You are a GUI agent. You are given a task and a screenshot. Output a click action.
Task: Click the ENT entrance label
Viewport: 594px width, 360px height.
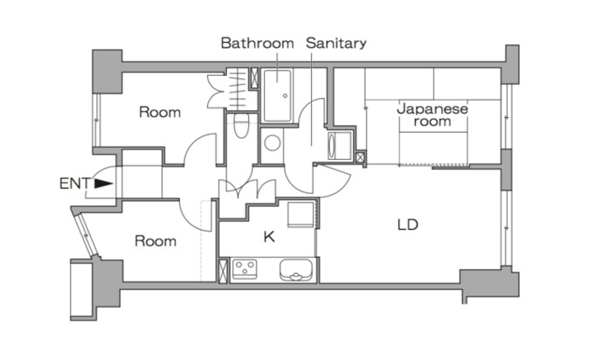point(75,183)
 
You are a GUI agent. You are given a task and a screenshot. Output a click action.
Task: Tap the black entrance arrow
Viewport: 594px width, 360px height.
point(103,183)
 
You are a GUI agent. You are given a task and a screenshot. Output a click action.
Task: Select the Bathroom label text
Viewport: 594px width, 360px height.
point(257,43)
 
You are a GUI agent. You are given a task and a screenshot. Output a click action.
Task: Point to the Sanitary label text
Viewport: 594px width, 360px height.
point(336,43)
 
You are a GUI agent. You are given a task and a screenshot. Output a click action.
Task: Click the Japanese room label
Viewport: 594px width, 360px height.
point(432,114)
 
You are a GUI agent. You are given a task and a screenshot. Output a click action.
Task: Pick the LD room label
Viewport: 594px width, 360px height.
point(408,225)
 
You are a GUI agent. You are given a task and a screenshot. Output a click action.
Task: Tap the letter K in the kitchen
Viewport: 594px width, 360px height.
point(269,237)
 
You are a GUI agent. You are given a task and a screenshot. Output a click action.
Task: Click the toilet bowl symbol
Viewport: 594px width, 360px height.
point(241,126)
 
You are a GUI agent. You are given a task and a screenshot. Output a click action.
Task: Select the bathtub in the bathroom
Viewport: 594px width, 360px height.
point(278,96)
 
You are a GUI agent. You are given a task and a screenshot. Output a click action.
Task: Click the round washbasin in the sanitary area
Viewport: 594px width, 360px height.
point(272,142)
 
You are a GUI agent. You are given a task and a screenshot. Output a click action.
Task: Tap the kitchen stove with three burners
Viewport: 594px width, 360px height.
point(245,269)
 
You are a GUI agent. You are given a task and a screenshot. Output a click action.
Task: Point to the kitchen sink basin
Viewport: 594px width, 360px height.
point(296,270)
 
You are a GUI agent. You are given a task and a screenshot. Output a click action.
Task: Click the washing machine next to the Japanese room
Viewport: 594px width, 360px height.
point(340,146)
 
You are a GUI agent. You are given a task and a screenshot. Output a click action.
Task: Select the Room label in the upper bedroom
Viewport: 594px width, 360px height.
point(160,112)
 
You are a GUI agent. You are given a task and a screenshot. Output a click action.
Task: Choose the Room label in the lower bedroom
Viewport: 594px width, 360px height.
point(155,241)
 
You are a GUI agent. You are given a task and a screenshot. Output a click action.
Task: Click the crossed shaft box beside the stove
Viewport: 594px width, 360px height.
point(224,270)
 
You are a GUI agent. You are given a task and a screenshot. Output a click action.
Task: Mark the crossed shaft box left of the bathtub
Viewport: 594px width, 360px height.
point(254,78)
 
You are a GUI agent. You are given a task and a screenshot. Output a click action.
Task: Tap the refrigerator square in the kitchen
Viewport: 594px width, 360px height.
point(300,214)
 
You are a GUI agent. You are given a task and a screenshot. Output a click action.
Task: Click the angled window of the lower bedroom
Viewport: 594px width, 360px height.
point(86,236)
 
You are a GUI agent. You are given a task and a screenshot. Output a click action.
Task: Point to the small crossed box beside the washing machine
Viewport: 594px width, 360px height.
point(360,157)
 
